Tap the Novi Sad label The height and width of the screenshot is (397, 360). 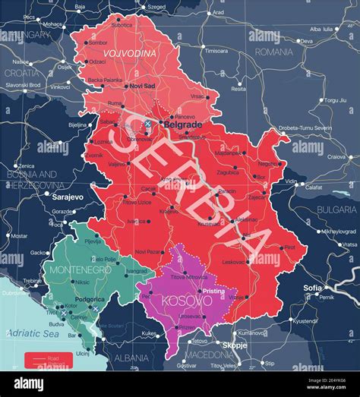click(x=142, y=86)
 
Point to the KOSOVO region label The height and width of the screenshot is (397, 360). click(x=183, y=301)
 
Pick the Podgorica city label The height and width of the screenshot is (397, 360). click(x=90, y=299)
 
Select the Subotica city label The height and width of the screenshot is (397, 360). click(x=122, y=24)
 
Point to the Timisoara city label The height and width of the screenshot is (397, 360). click(x=216, y=51)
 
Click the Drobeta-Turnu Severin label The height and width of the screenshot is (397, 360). click(x=305, y=128)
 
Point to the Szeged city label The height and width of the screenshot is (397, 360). click(x=156, y=6)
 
